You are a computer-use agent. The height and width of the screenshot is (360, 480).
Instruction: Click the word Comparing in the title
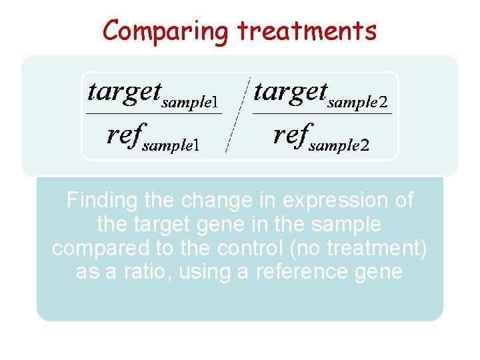(x=166, y=31)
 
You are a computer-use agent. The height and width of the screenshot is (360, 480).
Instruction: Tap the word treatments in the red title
(x=307, y=31)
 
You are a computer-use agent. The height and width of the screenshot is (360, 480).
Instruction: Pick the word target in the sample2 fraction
(x=290, y=91)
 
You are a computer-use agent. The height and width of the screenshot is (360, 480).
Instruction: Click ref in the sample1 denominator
(x=123, y=135)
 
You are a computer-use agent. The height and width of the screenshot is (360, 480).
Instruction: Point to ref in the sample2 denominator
(x=290, y=135)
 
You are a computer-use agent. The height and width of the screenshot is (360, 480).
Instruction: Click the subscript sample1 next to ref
(x=171, y=146)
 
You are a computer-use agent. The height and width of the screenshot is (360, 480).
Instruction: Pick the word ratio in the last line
(x=139, y=272)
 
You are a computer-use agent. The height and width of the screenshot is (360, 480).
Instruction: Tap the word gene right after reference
(x=379, y=272)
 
